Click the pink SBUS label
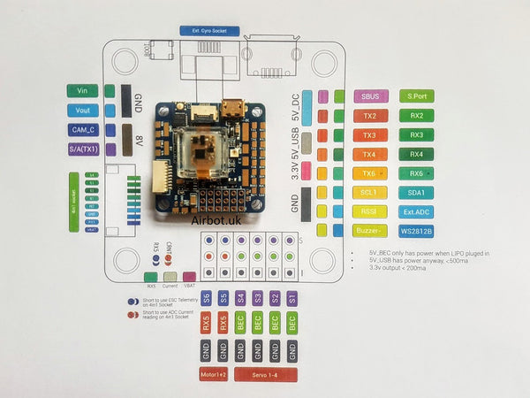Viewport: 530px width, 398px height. coord(369,96)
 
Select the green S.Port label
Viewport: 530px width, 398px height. coord(416,96)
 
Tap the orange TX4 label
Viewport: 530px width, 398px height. coord(369,154)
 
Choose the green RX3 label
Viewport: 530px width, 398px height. coord(416,134)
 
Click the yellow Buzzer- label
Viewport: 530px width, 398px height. coord(369,232)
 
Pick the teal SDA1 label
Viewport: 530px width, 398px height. coord(416,192)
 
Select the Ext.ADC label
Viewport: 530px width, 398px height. coord(416,212)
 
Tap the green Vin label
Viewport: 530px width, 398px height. coord(82,90)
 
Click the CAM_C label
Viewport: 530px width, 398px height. coord(82,130)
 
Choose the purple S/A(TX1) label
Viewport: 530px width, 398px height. coord(82,149)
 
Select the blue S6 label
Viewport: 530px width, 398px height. coord(207,297)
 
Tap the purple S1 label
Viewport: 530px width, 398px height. coord(291,297)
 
